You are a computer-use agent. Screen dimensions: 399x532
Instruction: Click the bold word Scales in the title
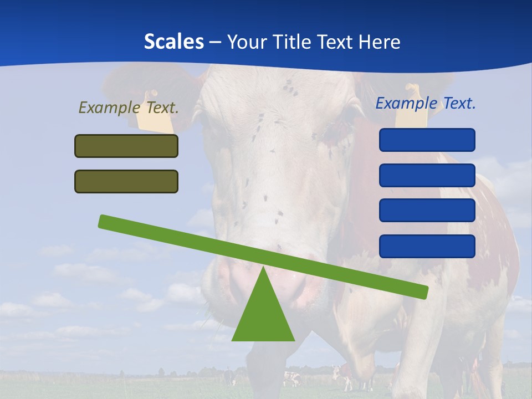[173, 42]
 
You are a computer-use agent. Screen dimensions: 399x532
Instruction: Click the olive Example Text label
[129, 108]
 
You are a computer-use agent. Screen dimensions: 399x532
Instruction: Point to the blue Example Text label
[426, 103]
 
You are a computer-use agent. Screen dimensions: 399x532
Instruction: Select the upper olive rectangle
[126, 146]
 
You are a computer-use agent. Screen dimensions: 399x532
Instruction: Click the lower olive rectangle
[126, 181]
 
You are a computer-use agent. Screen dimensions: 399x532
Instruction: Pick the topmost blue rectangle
[427, 140]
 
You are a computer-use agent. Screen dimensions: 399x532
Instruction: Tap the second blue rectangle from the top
[427, 175]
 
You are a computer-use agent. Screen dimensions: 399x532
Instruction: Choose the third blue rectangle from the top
[427, 211]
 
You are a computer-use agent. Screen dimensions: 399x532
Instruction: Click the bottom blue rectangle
[427, 246]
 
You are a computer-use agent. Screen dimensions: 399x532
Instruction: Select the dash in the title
[216, 43]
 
